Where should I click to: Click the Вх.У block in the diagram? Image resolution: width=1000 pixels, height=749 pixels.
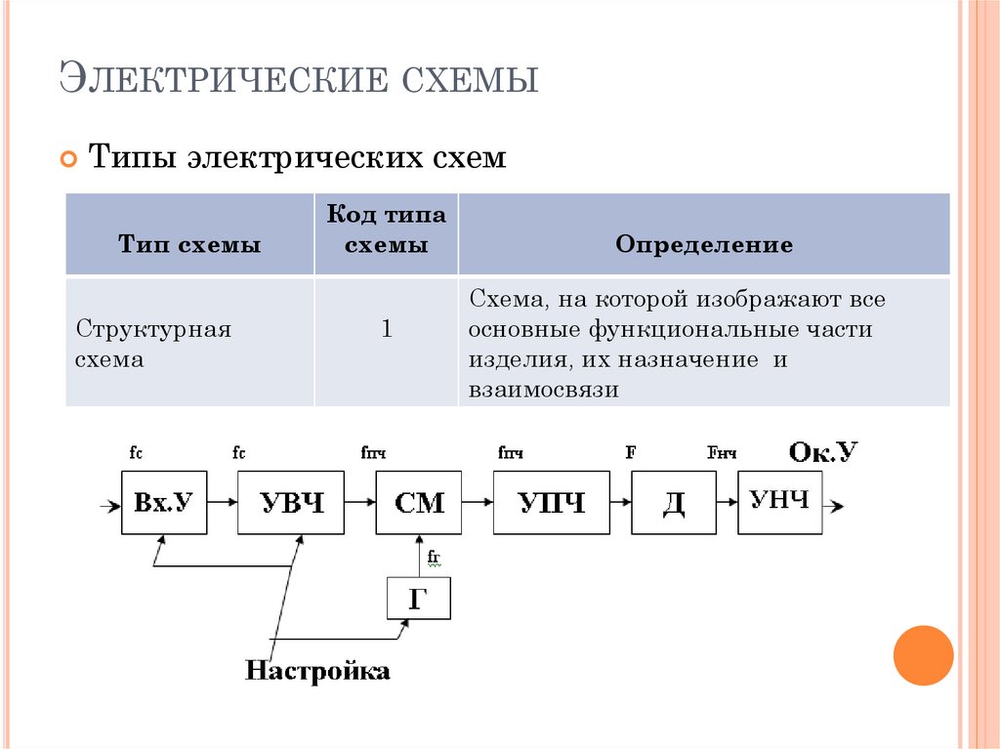click(163, 503)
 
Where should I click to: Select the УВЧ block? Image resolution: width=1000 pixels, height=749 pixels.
click(292, 503)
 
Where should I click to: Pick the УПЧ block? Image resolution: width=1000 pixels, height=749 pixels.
click(551, 503)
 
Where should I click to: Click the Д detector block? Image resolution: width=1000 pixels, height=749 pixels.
click(673, 503)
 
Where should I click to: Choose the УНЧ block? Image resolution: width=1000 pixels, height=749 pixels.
click(779, 502)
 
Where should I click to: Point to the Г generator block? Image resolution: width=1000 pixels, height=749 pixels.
click(419, 599)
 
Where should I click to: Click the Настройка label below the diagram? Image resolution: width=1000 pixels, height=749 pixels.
click(317, 671)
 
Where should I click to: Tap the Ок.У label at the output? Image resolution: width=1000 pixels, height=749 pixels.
click(822, 451)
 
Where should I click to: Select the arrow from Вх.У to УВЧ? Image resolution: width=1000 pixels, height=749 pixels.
click(222, 503)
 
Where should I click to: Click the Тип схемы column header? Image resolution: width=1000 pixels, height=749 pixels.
click(189, 244)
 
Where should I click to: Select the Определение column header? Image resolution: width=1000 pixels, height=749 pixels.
click(703, 244)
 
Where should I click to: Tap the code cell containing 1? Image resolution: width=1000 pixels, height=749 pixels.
click(386, 330)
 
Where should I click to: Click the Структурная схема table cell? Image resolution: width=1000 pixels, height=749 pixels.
click(153, 343)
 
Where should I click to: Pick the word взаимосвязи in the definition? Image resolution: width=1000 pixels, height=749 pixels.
click(544, 390)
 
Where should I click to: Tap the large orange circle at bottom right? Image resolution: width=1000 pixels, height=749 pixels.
click(923, 655)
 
